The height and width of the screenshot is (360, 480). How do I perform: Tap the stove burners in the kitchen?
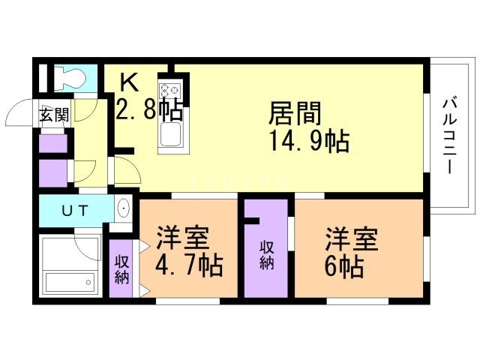coord(169,90)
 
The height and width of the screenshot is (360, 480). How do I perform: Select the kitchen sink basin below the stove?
coord(170,135)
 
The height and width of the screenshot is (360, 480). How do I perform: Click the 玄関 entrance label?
coord(53,115)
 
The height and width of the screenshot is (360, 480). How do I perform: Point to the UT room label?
coord(75,211)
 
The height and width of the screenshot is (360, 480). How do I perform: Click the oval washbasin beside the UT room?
coord(124,208)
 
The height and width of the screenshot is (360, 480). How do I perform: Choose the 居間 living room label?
coord(295,113)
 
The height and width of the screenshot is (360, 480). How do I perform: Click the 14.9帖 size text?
coord(309,142)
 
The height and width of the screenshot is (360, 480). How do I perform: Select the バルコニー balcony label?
coord(449,136)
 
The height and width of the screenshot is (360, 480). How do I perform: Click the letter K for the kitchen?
coord(129,82)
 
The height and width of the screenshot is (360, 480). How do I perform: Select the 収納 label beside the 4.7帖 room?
coord(121,269)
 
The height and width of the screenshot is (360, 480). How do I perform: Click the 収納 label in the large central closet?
coord(266,255)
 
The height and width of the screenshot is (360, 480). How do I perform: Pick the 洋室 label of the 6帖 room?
coord(352,238)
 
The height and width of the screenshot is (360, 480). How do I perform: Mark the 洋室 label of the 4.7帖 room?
coord(183,238)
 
